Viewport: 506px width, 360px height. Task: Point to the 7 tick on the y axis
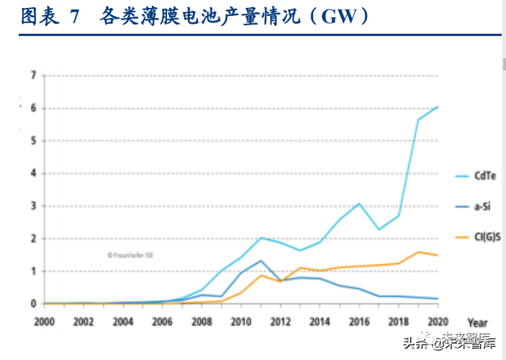click(x=33, y=75)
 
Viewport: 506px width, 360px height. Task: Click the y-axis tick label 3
click(x=33, y=206)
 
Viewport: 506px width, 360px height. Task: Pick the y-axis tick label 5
click(x=33, y=140)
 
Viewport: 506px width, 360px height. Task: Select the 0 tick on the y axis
click(x=33, y=304)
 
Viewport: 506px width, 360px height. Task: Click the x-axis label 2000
click(x=44, y=321)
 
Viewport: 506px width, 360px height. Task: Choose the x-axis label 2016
click(x=359, y=321)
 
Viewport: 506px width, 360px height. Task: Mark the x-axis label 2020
click(x=437, y=321)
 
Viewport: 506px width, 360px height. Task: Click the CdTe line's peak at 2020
click(x=437, y=107)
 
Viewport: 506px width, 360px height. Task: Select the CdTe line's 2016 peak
click(x=359, y=204)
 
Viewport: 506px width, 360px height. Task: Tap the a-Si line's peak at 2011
click(x=261, y=260)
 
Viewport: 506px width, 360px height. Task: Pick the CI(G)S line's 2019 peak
click(x=418, y=252)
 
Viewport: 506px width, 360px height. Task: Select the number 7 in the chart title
click(x=74, y=16)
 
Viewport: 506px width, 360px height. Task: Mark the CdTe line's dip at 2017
click(x=379, y=229)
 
